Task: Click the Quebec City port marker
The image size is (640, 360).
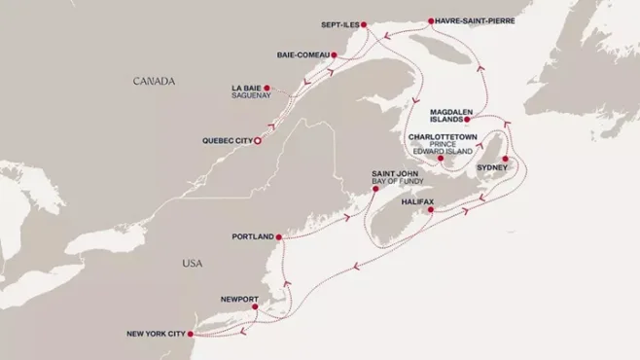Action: click(258, 141)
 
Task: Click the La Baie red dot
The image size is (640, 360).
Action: click(267, 88)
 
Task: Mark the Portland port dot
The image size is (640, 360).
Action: click(278, 236)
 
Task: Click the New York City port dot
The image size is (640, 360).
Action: click(189, 334)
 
